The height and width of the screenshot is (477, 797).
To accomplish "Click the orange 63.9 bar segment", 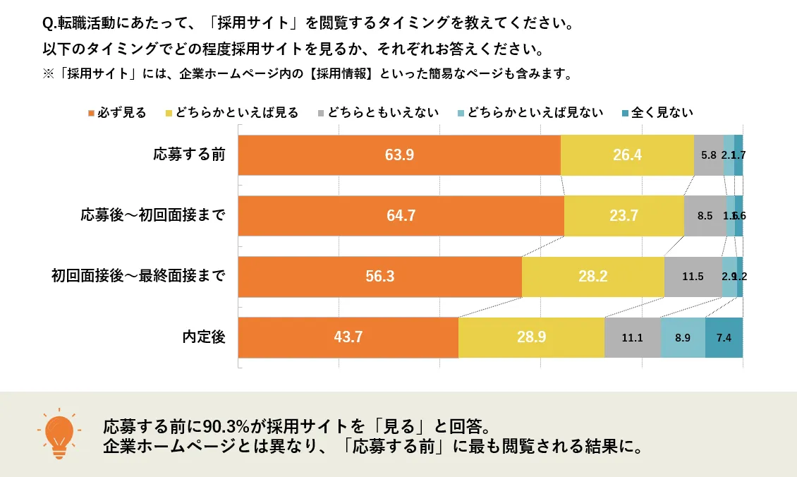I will (399, 155).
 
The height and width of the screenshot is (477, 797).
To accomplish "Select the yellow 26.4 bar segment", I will (627, 155).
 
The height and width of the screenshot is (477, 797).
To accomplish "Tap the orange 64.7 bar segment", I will (401, 215).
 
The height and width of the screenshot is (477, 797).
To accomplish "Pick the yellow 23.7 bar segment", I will (623, 215).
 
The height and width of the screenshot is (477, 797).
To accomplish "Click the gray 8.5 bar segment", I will (705, 215).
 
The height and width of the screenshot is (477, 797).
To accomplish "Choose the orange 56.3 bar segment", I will (379, 277).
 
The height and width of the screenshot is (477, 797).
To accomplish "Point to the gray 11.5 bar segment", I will (693, 277).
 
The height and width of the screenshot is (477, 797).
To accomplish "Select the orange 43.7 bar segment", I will (348, 337).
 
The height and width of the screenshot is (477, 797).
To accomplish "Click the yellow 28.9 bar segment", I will (531, 337).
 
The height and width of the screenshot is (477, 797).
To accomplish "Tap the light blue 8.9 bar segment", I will (683, 337).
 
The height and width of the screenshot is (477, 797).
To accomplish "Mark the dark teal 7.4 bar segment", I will (724, 337).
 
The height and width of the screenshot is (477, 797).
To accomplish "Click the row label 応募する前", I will (190, 154).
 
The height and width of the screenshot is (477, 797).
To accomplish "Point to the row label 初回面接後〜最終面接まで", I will (138, 277).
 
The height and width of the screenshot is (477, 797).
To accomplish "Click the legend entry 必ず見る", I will (117, 113).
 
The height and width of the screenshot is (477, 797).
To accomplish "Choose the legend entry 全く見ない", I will (657, 113).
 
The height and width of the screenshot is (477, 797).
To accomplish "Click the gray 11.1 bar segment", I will (632, 337).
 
